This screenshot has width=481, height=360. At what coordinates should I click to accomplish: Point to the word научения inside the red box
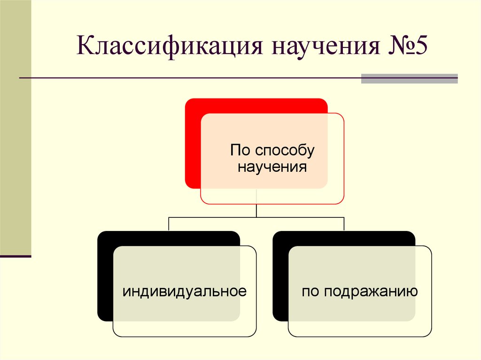[x=272, y=167]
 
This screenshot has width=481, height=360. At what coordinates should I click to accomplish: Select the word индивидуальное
[x=185, y=291]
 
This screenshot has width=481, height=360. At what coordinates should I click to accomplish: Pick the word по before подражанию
[x=310, y=291]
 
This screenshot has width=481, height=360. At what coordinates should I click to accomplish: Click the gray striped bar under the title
[x=409, y=78]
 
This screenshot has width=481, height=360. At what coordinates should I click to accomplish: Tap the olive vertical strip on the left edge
[x=16, y=127]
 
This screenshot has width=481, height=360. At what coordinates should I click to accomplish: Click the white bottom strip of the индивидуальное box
[x=185, y=329]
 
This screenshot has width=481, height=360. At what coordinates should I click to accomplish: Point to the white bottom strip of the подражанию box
[x=360, y=329]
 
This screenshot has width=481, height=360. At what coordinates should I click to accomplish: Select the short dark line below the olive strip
[x=16, y=256]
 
